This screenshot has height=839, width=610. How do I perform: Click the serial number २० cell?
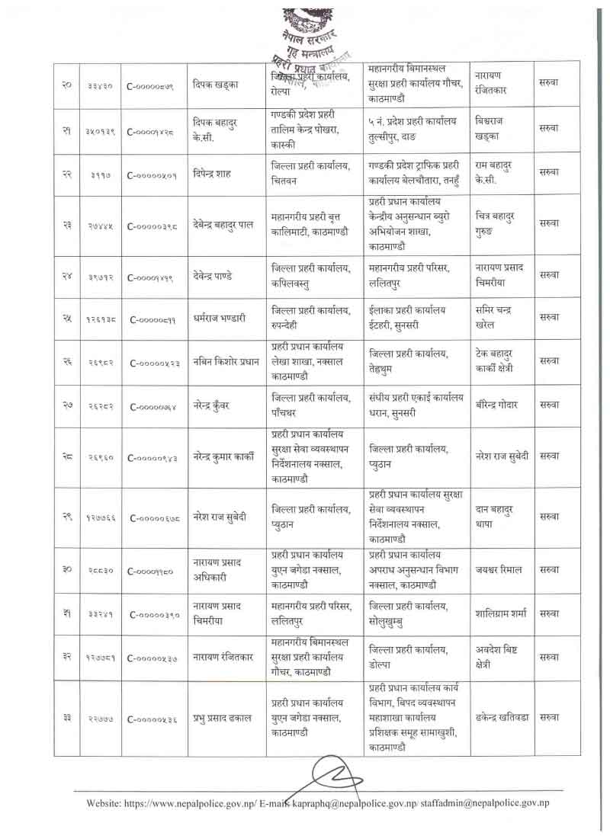[66, 85]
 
